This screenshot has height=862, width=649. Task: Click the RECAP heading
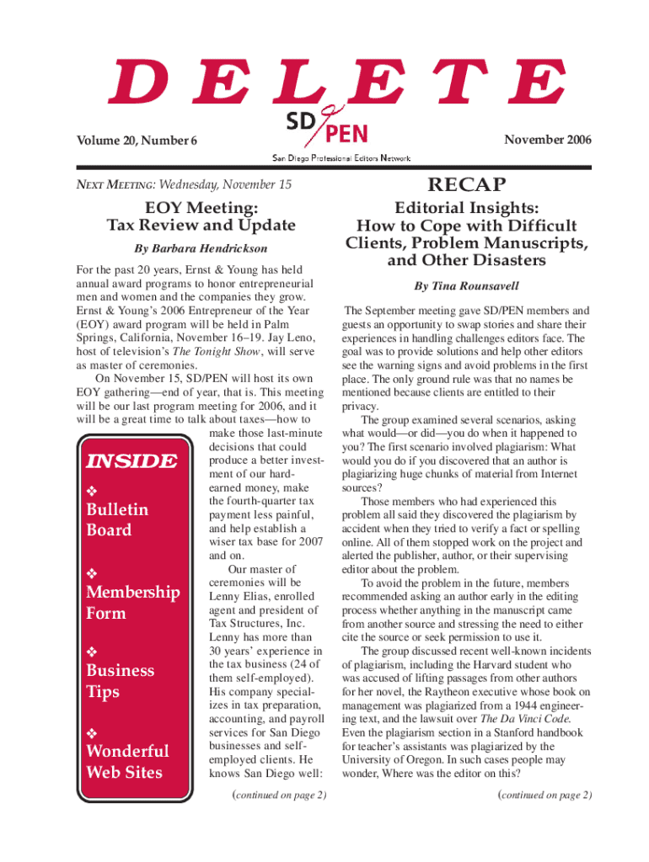(466, 184)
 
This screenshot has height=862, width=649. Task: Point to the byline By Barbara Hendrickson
(201, 248)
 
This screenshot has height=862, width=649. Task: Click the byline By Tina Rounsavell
(466, 286)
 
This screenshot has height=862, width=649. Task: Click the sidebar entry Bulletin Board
(117, 519)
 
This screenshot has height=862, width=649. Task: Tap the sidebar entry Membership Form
(133, 602)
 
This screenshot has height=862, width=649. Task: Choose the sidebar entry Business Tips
(121, 681)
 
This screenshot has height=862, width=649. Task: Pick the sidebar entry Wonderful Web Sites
(126, 761)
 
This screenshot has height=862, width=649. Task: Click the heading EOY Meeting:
(201, 206)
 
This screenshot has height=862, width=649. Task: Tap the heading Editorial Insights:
(466, 208)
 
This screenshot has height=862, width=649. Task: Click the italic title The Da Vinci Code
(526, 719)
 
